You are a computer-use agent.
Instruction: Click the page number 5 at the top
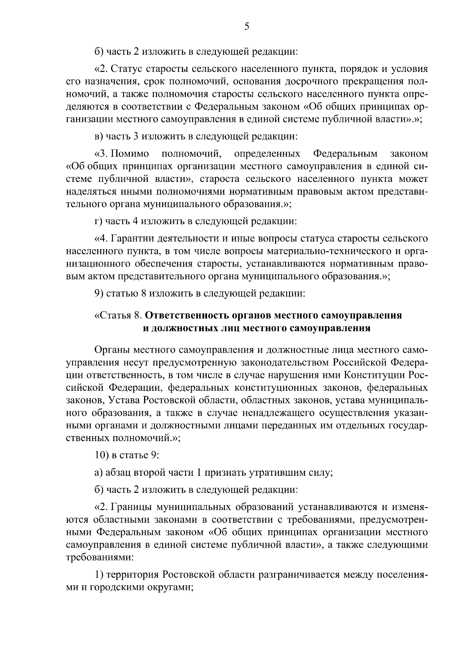tap(247, 26)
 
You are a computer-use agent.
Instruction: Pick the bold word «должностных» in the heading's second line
tap(184, 328)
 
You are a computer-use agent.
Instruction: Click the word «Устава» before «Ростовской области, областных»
tap(124, 400)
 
